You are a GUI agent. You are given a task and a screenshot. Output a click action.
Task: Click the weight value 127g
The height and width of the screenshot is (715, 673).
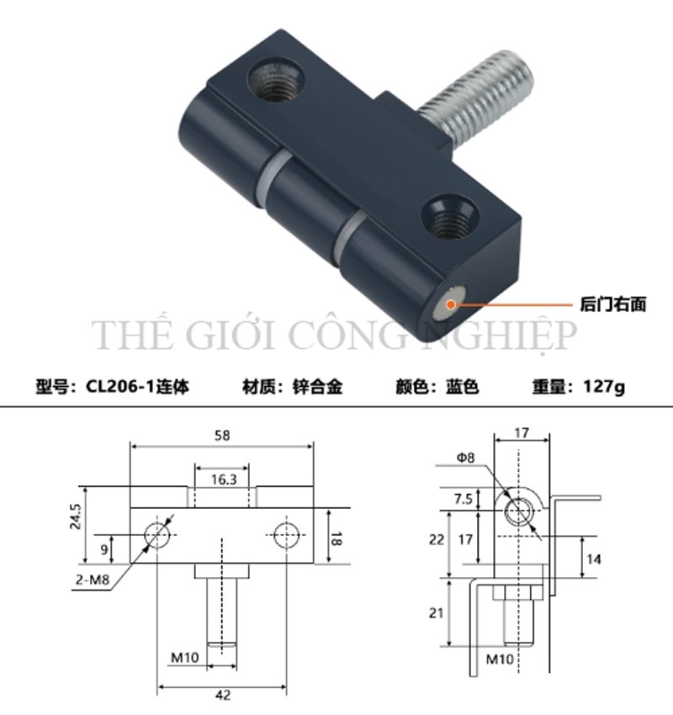(x=601, y=387)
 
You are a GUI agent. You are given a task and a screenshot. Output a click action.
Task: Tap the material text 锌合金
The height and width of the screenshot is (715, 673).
(x=317, y=387)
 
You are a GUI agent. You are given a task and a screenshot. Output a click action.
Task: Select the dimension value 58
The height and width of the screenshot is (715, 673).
(x=221, y=435)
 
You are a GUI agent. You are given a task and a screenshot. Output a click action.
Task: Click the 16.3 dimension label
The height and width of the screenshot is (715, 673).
(x=222, y=479)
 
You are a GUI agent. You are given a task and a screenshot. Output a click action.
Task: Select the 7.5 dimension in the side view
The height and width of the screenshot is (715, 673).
(x=461, y=498)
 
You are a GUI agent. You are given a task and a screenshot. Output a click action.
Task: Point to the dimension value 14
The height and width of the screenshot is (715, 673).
(x=596, y=558)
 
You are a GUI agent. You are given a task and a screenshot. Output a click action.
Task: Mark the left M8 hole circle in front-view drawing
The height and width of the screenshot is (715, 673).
(x=157, y=535)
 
